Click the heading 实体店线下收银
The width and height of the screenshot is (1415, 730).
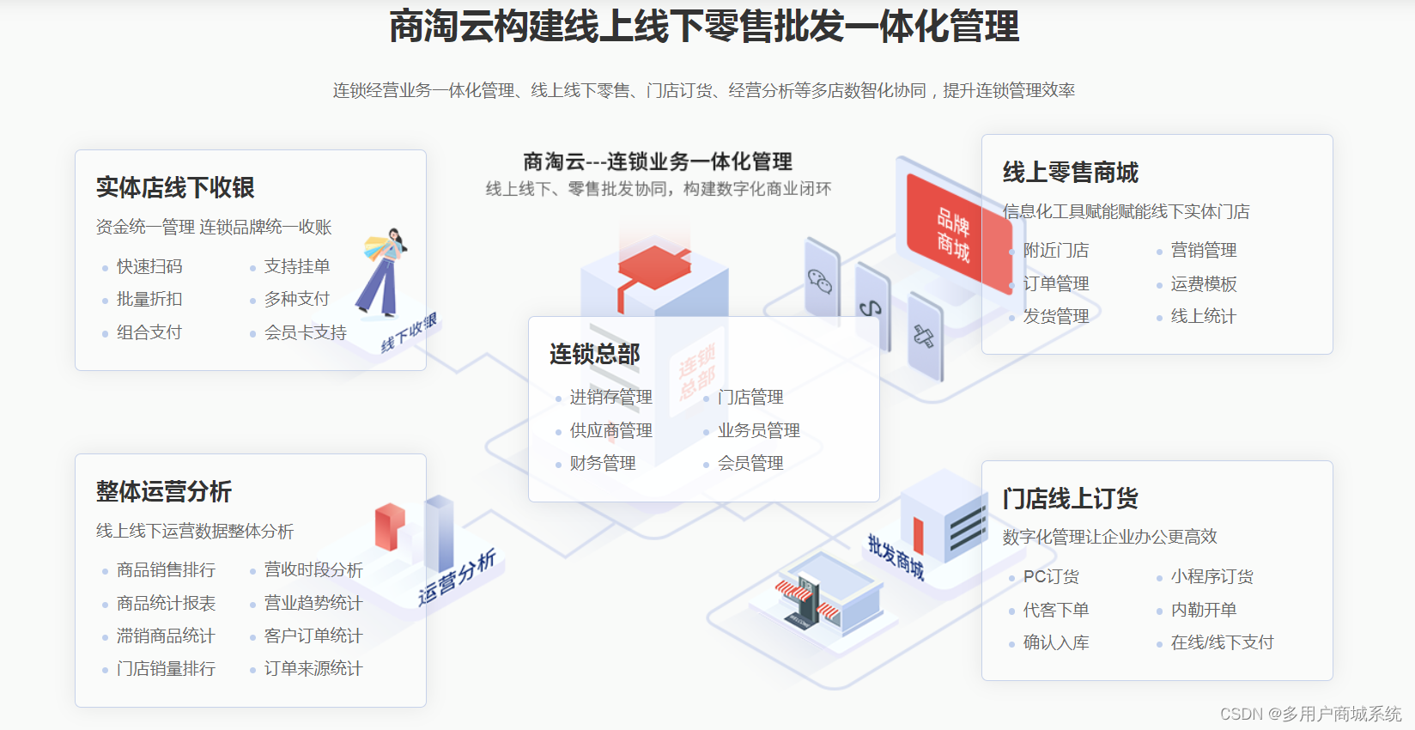pos(175,187)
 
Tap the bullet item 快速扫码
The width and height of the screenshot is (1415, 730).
pos(149,266)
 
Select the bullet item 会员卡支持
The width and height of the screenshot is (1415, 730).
pos(305,332)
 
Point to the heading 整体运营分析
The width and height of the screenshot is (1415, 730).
pos(164,491)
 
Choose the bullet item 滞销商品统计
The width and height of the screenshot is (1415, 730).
pos(166,636)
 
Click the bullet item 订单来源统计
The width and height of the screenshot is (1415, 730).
pos(313,668)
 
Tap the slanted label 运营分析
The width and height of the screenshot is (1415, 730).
pos(457,577)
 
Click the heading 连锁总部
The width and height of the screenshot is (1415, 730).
pos(595,354)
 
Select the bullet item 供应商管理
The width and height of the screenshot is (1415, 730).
pos(610,430)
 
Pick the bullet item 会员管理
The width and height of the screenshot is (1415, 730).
pos(750,463)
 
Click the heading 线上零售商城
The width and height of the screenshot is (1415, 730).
pos(1071,173)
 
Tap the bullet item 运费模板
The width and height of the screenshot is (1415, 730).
pos(1204,283)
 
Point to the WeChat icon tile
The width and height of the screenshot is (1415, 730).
pos(821,280)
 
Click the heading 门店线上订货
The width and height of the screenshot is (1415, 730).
pos(1071,498)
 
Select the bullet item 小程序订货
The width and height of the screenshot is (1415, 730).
pos(1212,576)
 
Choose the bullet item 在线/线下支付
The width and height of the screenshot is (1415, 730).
pos(1222,642)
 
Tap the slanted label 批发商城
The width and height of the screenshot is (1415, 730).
pos(896,557)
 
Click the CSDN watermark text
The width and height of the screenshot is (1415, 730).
pos(1310,714)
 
